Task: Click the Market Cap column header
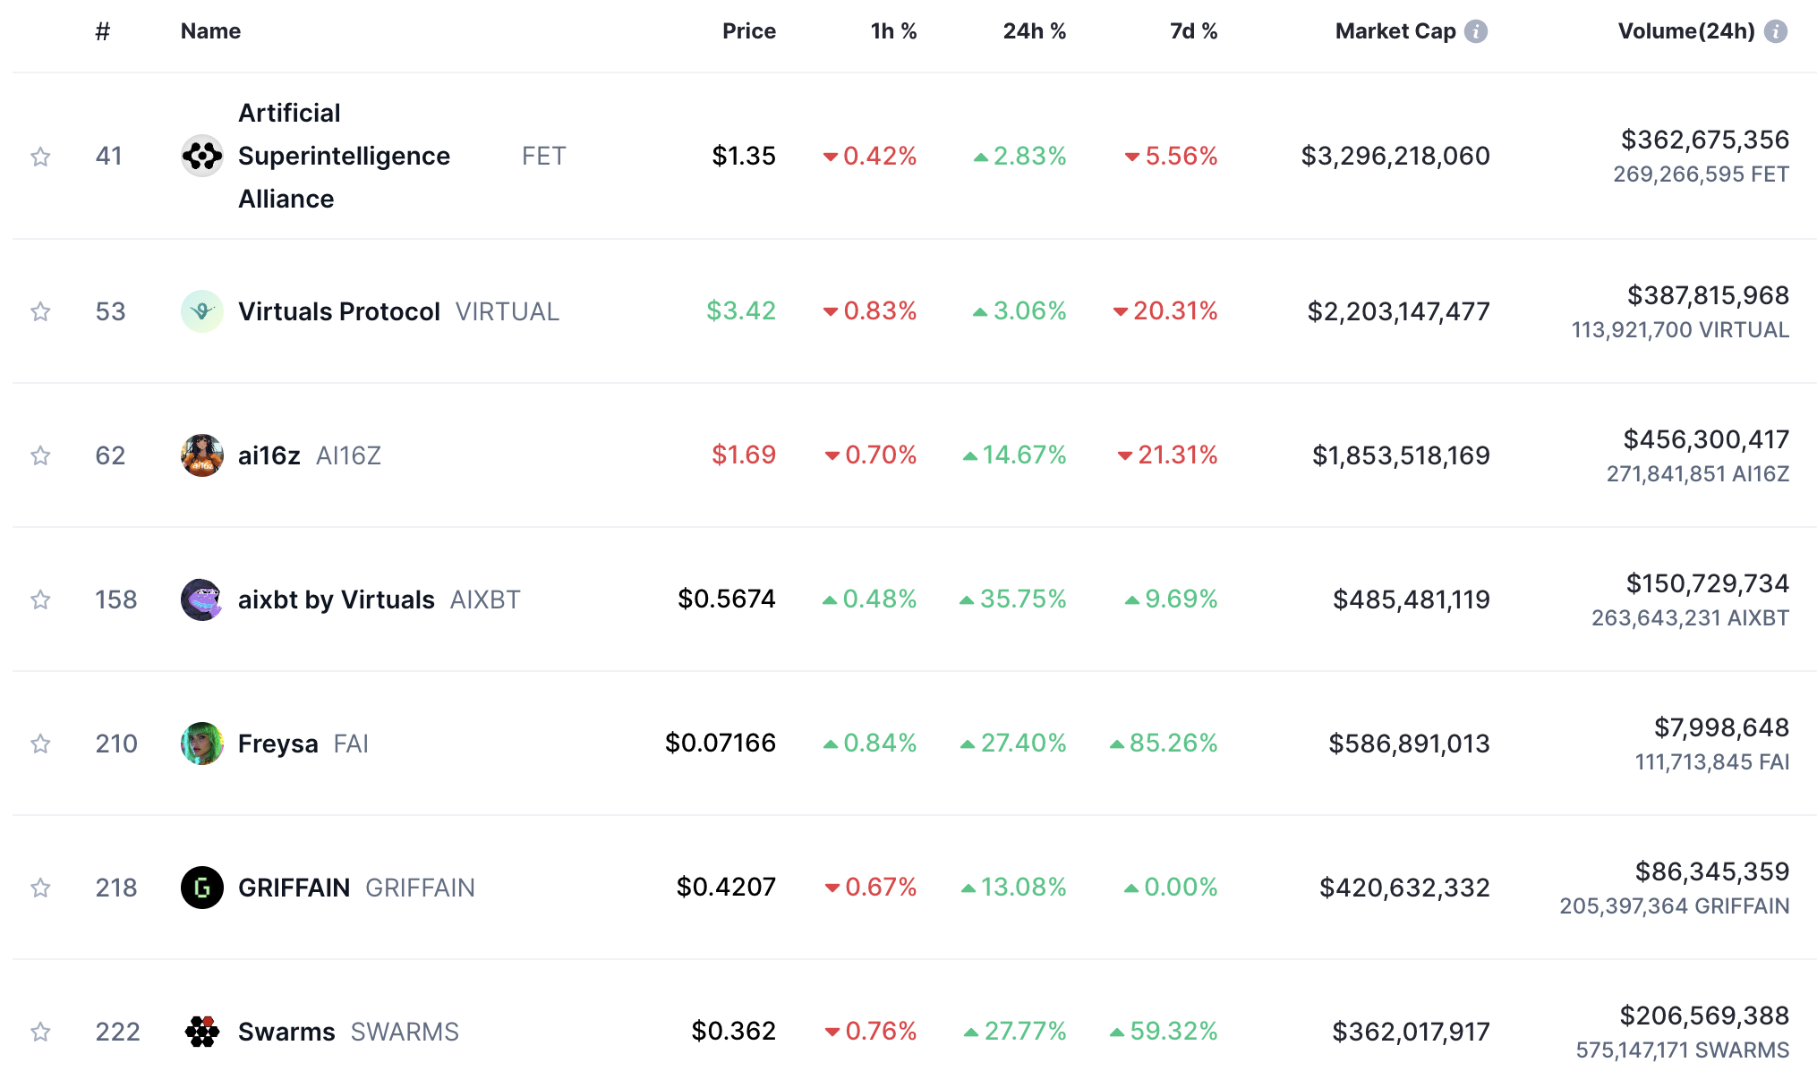[1395, 31]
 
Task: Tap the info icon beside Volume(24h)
[1776, 31]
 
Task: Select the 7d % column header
[1193, 31]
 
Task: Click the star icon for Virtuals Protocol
[40, 311]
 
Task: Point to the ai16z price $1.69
[743, 455]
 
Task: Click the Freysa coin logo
[202, 744]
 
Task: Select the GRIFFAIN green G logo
[202, 888]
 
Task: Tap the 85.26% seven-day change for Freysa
[1173, 744]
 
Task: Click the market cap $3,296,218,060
[1395, 157]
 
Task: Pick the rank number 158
[116, 599]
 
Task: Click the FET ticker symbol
[543, 157]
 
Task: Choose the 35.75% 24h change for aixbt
[1022, 599]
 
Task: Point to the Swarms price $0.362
[733, 1032]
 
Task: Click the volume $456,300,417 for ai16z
[1705, 440]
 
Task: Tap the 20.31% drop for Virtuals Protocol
[1174, 311]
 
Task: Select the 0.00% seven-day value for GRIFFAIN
[1180, 888]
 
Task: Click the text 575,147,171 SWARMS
[1682, 1050]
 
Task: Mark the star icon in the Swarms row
[40, 1032]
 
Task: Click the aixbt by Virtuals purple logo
[202, 599]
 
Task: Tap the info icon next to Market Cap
[1476, 31]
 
